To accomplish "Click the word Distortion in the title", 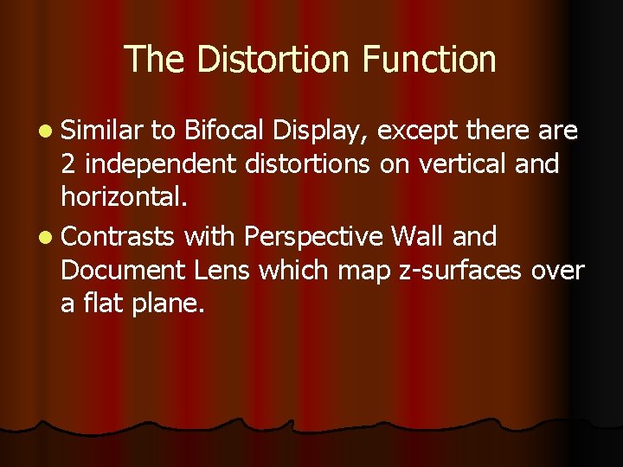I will [x=273, y=60].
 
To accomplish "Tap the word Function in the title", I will [x=429, y=60].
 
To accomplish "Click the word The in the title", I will [x=156, y=60].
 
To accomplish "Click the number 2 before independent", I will [x=69, y=163].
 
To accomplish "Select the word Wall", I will [x=419, y=236].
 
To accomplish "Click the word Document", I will [x=124, y=271].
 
